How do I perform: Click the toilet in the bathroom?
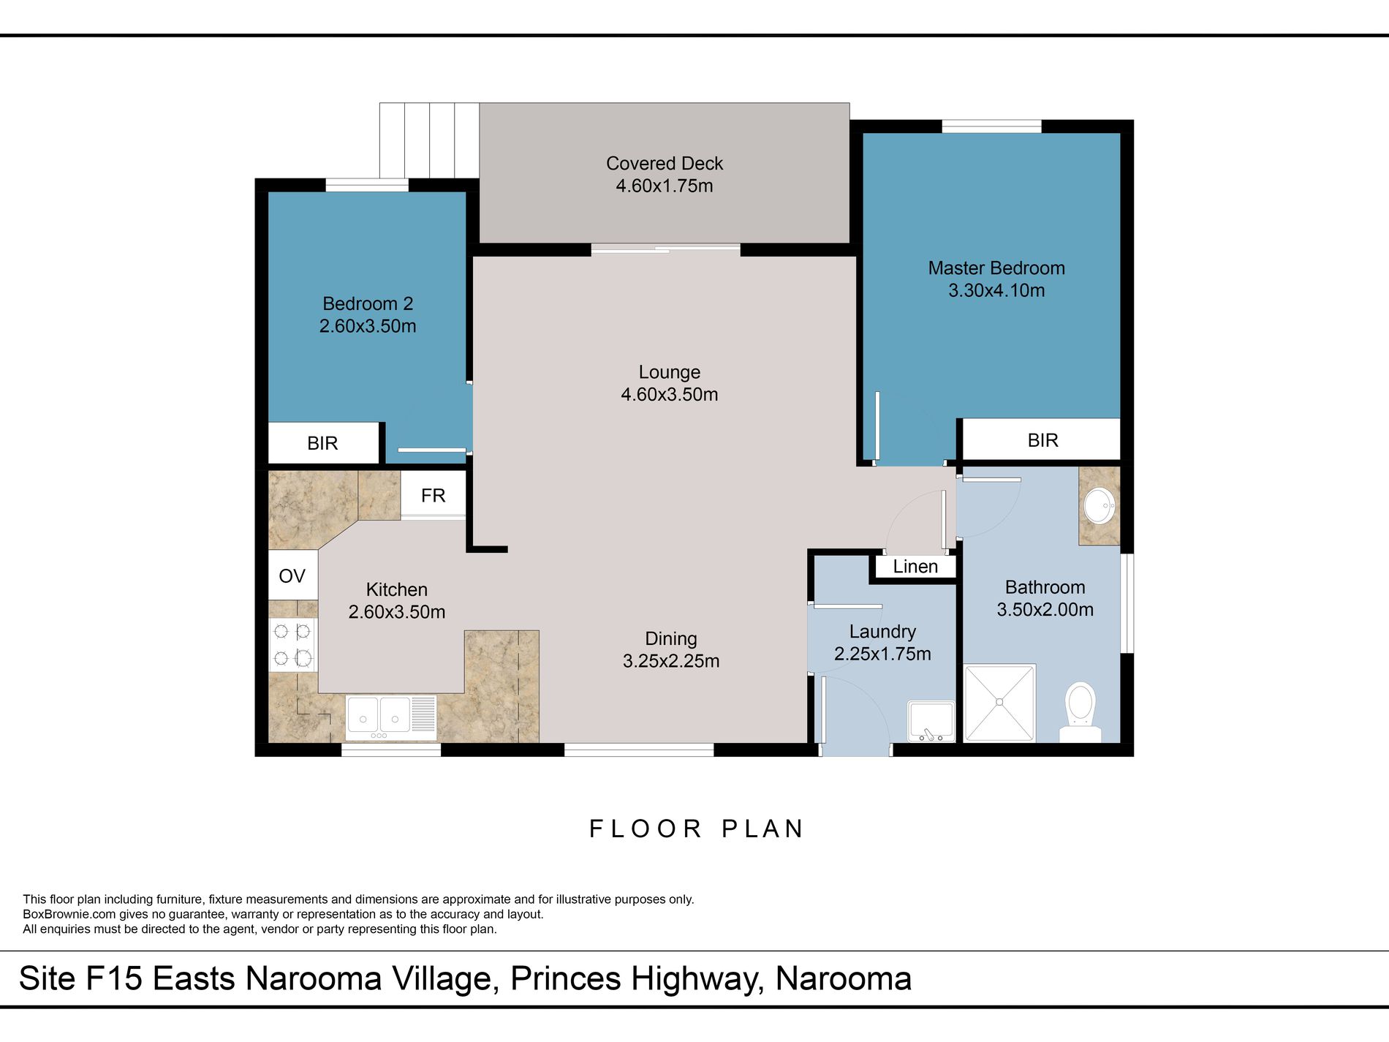(1080, 711)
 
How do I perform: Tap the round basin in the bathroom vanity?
(1099, 505)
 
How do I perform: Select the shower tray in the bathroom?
(999, 703)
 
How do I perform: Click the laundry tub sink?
(931, 722)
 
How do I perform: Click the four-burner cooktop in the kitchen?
(292, 644)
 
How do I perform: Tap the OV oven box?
(292, 575)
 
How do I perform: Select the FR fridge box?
(433, 495)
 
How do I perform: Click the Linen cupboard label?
(915, 567)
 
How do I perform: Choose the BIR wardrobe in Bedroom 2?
(323, 442)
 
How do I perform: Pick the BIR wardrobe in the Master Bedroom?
(1042, 439)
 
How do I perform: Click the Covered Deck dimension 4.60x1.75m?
(665, 186)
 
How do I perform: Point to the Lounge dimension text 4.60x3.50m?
(670, 394)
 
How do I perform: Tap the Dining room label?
(671, 638)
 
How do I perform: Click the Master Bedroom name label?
(996, 268)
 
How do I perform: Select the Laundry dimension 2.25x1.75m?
(882, 654)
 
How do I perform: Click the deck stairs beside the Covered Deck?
(429, 140)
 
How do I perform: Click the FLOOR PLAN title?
(697, 828)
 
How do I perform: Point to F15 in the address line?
(113, 978)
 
